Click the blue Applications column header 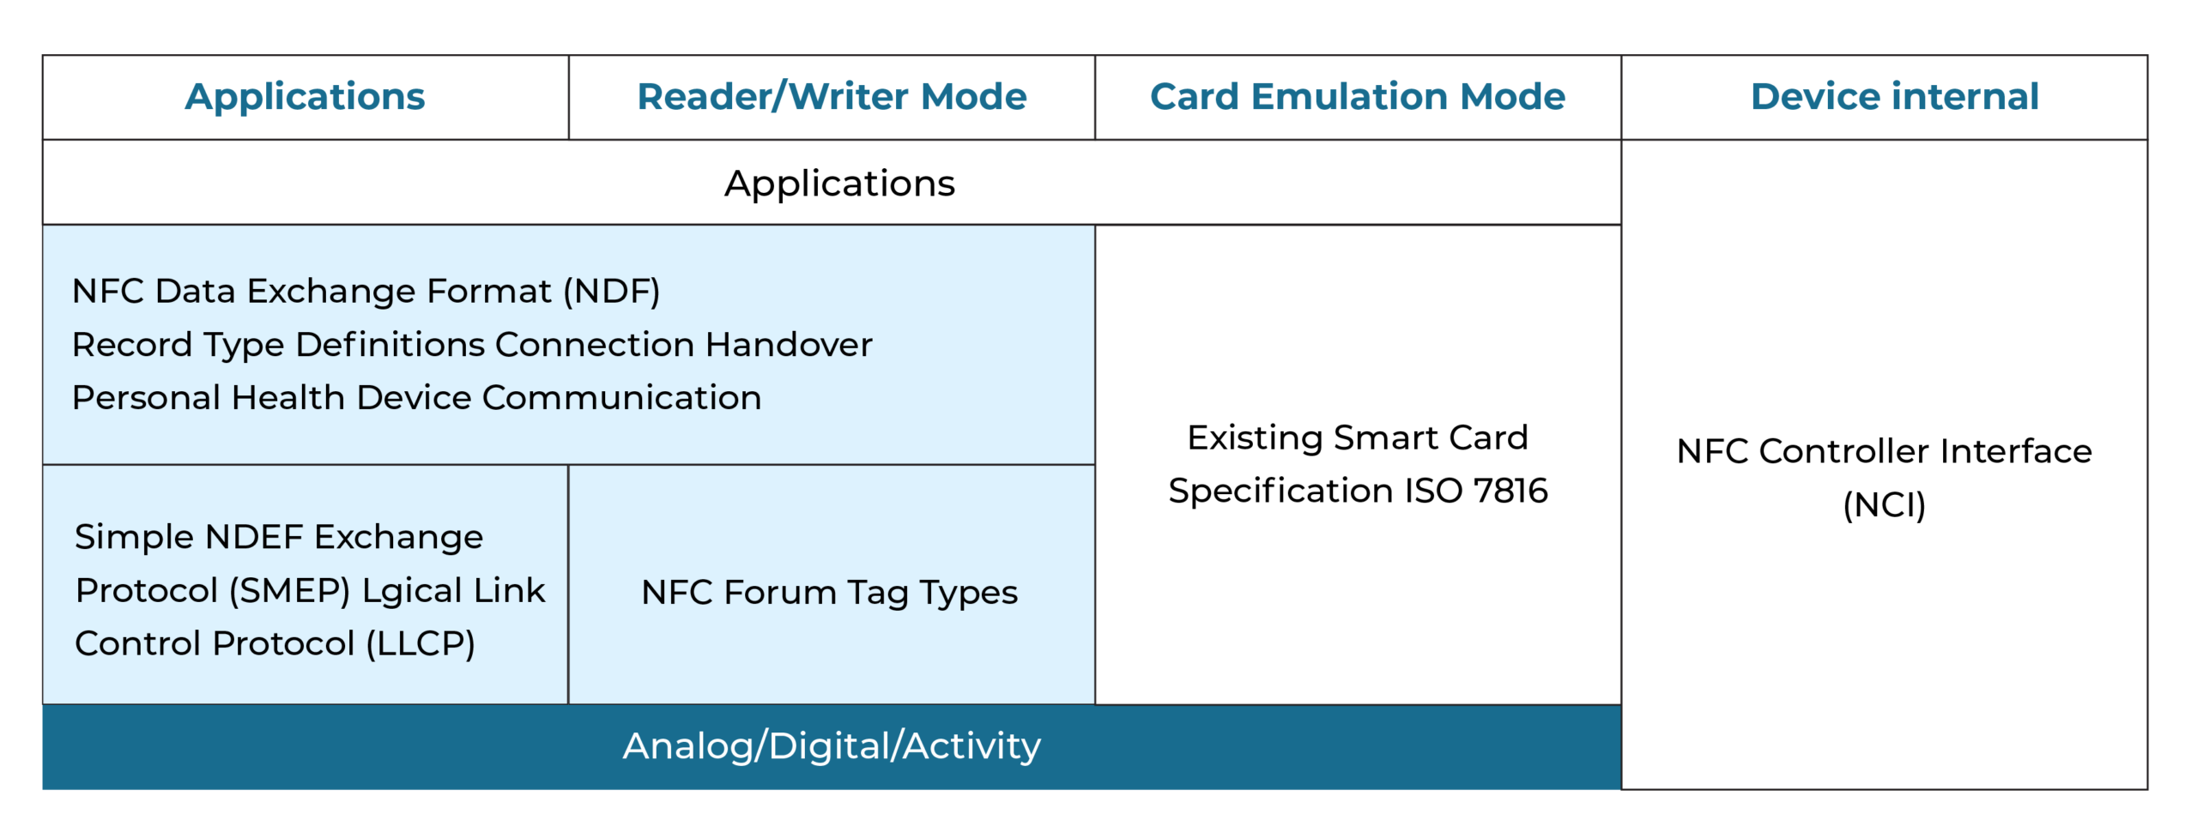coord(305,96)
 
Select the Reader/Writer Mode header coord(831,96)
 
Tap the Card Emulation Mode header coord(1357,96)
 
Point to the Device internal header coord(1894,96)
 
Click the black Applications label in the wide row coord(838,184)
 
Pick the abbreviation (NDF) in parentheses coord(611,292)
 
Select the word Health coord(287,398)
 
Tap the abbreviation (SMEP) coord(290,591)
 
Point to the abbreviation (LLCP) coord(421,644)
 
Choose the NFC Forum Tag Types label coord(829,593)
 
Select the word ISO coord(1433,491)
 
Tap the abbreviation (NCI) coord(1884,505)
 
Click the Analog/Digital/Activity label coord(831,746)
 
